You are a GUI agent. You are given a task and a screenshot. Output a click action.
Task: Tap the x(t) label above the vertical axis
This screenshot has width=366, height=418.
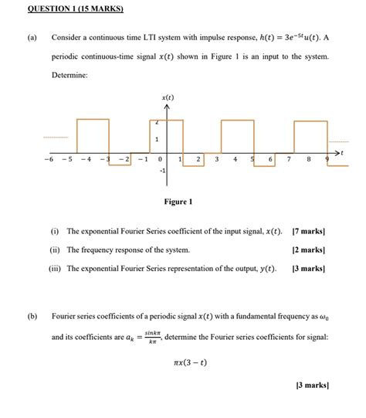[x=168, y=98]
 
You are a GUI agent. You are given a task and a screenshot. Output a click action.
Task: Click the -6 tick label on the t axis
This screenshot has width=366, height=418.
[x=49, y=159]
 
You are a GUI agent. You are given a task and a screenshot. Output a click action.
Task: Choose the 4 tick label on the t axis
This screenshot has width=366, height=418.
[x=235, y=159]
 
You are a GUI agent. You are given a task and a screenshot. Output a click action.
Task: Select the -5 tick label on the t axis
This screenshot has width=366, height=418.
[x=68, y=159]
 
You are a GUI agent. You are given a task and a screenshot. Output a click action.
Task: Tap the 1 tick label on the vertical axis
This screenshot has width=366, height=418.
[x=158, y=140]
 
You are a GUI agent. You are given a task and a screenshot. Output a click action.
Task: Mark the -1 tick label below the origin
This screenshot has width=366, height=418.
[x=163, y=172]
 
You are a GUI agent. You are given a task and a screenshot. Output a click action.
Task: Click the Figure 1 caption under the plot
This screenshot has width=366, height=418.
[x=178, y=202]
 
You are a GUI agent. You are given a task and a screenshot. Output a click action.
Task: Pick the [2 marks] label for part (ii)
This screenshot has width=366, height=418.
[x=309, y=250]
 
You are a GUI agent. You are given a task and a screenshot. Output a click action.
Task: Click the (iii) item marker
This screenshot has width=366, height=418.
[x=56, y=269]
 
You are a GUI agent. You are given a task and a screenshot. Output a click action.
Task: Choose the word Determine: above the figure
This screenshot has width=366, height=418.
[x=69, y=76]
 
